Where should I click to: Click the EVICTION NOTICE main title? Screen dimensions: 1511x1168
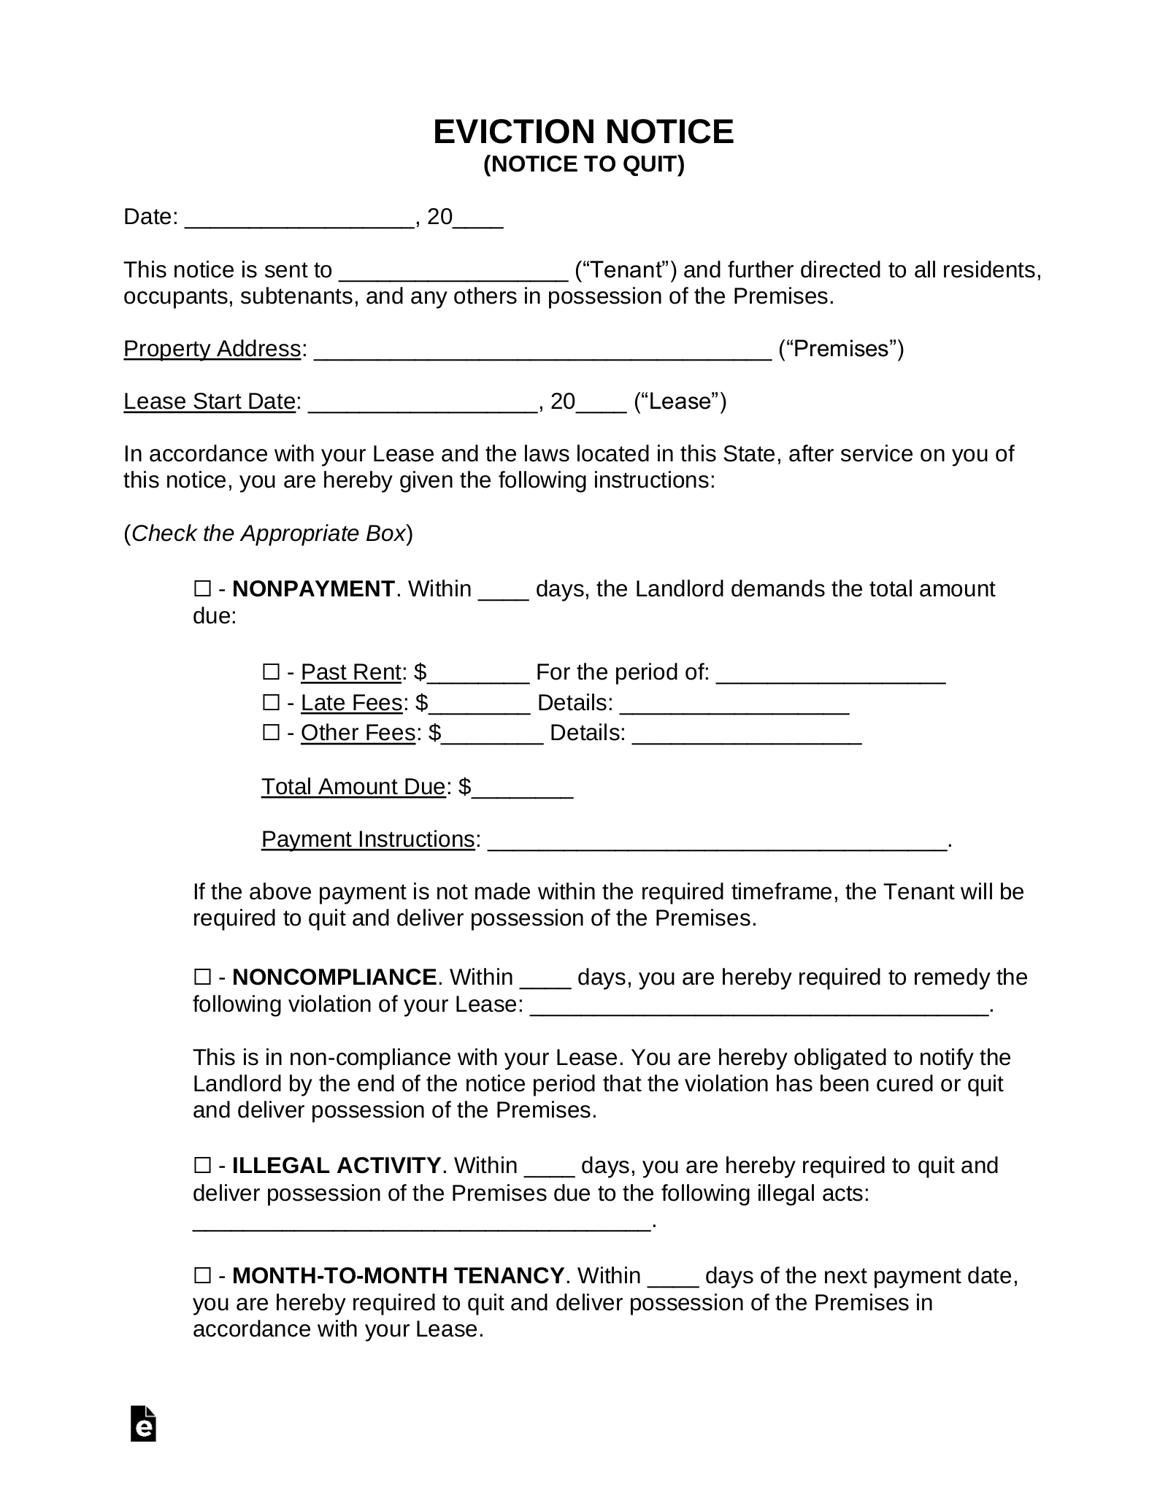tap(583, 132)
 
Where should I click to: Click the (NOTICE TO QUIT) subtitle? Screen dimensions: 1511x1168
tap(583, 165)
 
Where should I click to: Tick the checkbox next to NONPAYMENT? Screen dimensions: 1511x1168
tap(202, 588)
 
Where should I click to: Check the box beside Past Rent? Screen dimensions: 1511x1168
tap(271, 672)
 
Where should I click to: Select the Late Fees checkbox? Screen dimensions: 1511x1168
tap(271, 702)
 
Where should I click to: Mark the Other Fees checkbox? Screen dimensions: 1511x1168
tap(271, 732)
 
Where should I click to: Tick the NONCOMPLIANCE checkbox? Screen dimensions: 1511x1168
tap(202, 977)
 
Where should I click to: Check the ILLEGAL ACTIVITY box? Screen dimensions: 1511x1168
tap(202, 1165)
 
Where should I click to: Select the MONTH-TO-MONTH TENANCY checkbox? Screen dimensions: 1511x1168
tap(202, 1275)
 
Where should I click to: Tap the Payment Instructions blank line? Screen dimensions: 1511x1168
tap(716, 842)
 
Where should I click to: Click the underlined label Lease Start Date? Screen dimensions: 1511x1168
tap(210, 401)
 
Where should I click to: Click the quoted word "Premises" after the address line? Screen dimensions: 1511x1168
tap(841, 349)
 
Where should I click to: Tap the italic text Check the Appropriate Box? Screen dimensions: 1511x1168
tap(268, 534)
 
